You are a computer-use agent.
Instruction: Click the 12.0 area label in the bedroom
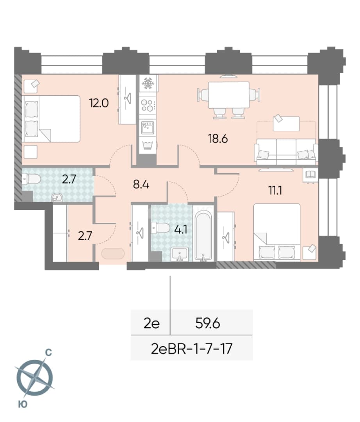coord(99,103)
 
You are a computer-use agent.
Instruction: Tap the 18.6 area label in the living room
coord(218,139)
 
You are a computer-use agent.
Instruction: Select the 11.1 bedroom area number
coord(275,191)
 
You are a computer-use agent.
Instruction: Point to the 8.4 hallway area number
coord(141,185)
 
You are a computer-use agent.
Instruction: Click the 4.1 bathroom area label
coord(181,230)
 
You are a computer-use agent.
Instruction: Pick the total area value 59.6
coord(208,323)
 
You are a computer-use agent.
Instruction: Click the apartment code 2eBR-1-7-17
coord(192,349)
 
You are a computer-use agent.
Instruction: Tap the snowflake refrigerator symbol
coord(148,84)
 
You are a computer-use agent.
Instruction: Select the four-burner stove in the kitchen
coord(148,105)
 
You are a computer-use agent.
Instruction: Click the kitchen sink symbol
coord(148,127)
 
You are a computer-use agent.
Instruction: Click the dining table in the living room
coord(229,95)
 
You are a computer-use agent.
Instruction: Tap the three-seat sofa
coord(286,152)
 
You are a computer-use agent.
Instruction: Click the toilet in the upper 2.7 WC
coord(31,179)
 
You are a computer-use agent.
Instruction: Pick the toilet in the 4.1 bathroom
coord(160,228)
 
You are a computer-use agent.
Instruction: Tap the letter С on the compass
coord(48,352)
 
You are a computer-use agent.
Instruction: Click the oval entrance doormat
coord(113,254)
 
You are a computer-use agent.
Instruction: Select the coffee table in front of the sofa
coord(286,124)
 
